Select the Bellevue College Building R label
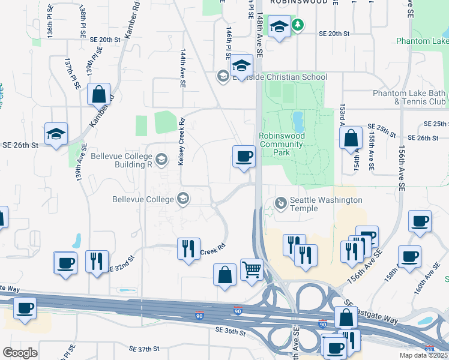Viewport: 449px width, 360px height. [x=122, y=160]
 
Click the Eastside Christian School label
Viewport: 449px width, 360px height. [x=279, y=77]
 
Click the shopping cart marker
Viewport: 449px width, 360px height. [x=252, y=269]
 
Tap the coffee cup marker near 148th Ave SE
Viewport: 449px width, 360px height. [x=244, y=157]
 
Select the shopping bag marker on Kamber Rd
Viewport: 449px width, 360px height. [x=99, y=95]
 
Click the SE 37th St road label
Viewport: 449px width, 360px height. [x=140, y=349]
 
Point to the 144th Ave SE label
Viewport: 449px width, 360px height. [x=179, y=68]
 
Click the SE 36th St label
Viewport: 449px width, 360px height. [x=231, y=331]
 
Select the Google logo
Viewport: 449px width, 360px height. [x=20, y=353]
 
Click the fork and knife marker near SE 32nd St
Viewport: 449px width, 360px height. [x=97, y=262]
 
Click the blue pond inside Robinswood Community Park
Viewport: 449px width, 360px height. [x=298, y=122]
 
